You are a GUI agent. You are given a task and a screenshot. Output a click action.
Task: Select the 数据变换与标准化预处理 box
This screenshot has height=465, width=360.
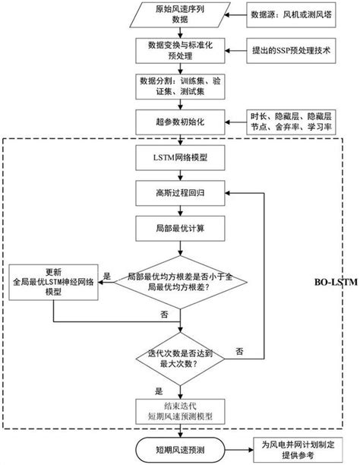click(179, 52)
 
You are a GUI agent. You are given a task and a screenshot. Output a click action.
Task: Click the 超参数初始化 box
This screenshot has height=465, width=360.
click(179, 121)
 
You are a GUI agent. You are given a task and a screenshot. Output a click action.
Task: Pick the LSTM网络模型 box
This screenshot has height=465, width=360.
click(179, 158)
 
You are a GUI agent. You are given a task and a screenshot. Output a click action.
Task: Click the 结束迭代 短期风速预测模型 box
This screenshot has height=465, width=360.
click(179, 410)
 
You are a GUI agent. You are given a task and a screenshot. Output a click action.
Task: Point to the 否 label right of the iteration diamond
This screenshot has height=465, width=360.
click(239, 350)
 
